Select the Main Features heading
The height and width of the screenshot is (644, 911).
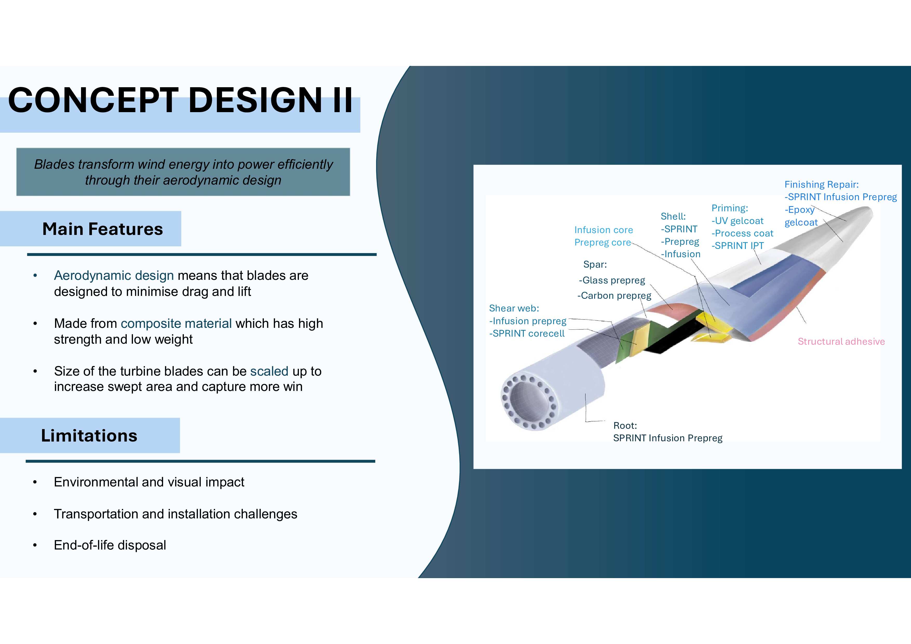102,229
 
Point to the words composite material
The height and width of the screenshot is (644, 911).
176,324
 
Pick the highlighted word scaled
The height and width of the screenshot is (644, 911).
269,371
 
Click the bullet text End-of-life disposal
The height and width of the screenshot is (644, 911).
110,545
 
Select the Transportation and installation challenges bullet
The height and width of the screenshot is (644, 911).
175,514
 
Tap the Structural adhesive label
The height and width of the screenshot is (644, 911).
841,341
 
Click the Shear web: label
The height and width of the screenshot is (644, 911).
514,308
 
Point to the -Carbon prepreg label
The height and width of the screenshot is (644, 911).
614,296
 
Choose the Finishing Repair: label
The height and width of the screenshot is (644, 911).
821,184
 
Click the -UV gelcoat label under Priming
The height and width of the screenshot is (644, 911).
737,221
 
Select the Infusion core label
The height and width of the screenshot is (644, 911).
604,230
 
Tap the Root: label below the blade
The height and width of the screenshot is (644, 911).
625,425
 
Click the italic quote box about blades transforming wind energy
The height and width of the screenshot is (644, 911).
183,172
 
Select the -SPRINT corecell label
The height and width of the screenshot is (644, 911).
526,334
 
